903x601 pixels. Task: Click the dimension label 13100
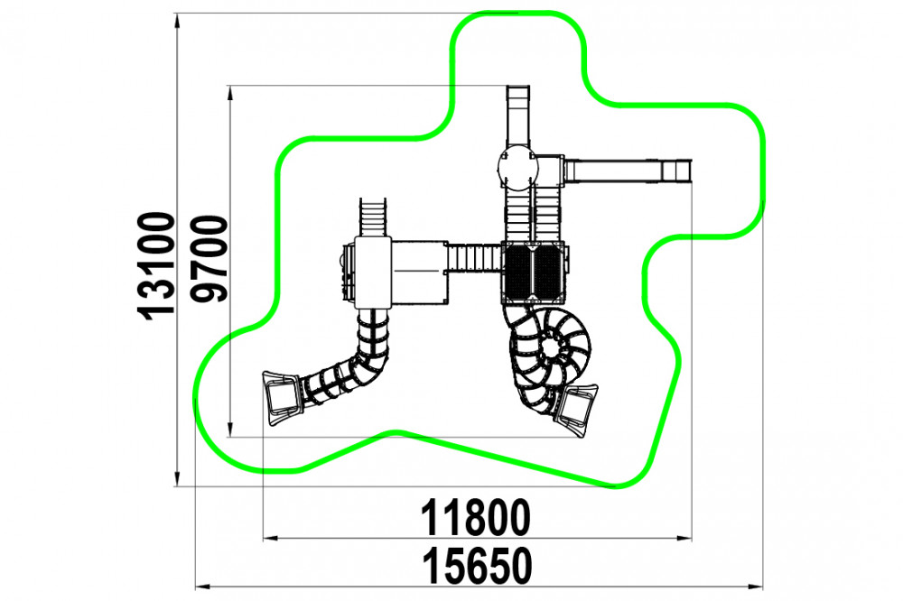click(x=156, y=266)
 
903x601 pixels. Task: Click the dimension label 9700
click(x=209, y=259)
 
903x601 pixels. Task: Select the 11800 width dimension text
click(x=476, y=518)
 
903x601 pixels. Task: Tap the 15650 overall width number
click(x=478, y=567)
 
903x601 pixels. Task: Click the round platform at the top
click(x=517, y=168)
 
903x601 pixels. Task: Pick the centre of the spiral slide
click(x=551, y=347)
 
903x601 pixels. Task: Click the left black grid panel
click(x=518, y=273)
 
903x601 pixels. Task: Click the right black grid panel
click(x=548, y=273)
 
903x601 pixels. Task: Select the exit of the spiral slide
click(x=576, y=410)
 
